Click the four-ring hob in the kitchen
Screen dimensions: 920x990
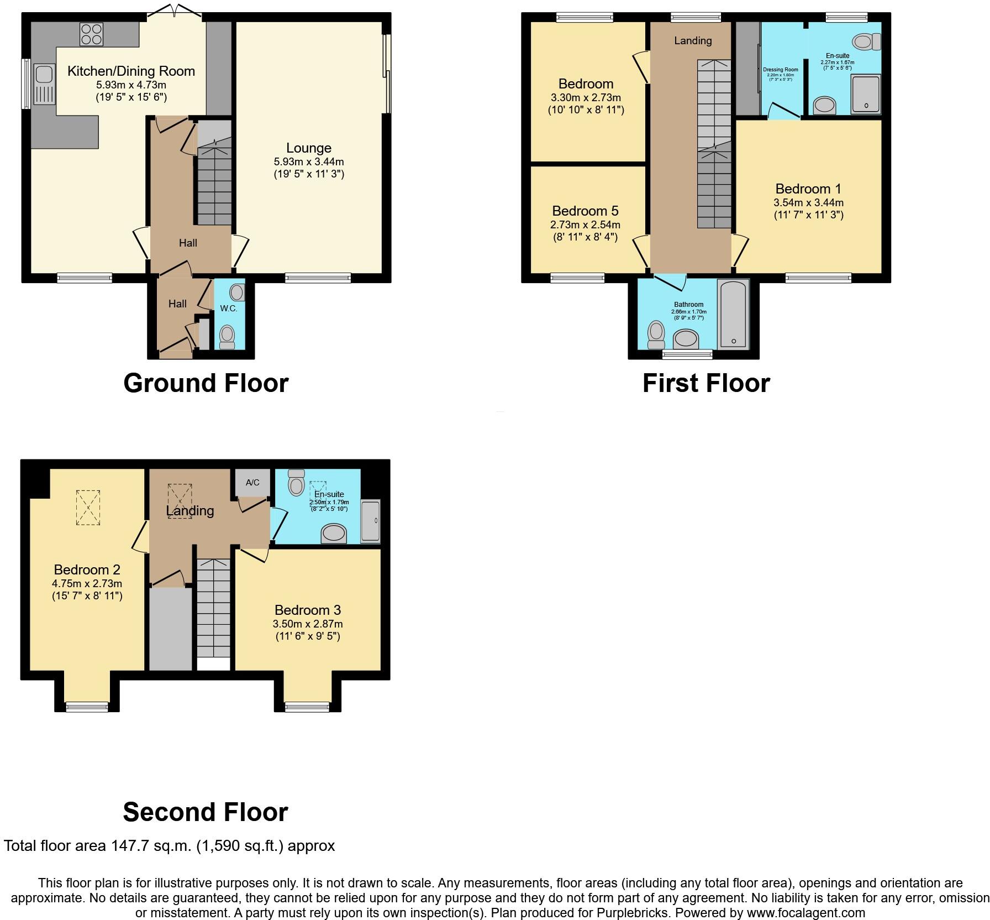click(x=92, y=34)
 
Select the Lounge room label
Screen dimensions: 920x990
click(x=308, y=148)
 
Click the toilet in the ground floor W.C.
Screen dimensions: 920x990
click(x=227, y=336)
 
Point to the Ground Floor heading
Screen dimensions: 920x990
click(x=206, y=383)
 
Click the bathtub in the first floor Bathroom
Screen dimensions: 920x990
click(x=733, y=314)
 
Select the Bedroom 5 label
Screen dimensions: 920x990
click(x=585, y=211)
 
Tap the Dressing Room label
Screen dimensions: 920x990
click(x=780, y=70)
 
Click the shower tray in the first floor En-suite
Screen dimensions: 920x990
click(x=865, y=94)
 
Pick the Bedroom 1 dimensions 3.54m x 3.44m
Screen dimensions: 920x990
click(x=808, y=203)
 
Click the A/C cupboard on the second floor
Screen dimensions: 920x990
click(x=252, y=483)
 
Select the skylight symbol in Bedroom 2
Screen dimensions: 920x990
click(x=88, y=507)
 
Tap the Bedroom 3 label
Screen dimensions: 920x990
click(x=308, y=610)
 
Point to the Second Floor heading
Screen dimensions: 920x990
click(x=206, y=812)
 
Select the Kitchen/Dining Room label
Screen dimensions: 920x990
click(x=131, y=71)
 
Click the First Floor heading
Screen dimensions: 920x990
click(x=705, y=383)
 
